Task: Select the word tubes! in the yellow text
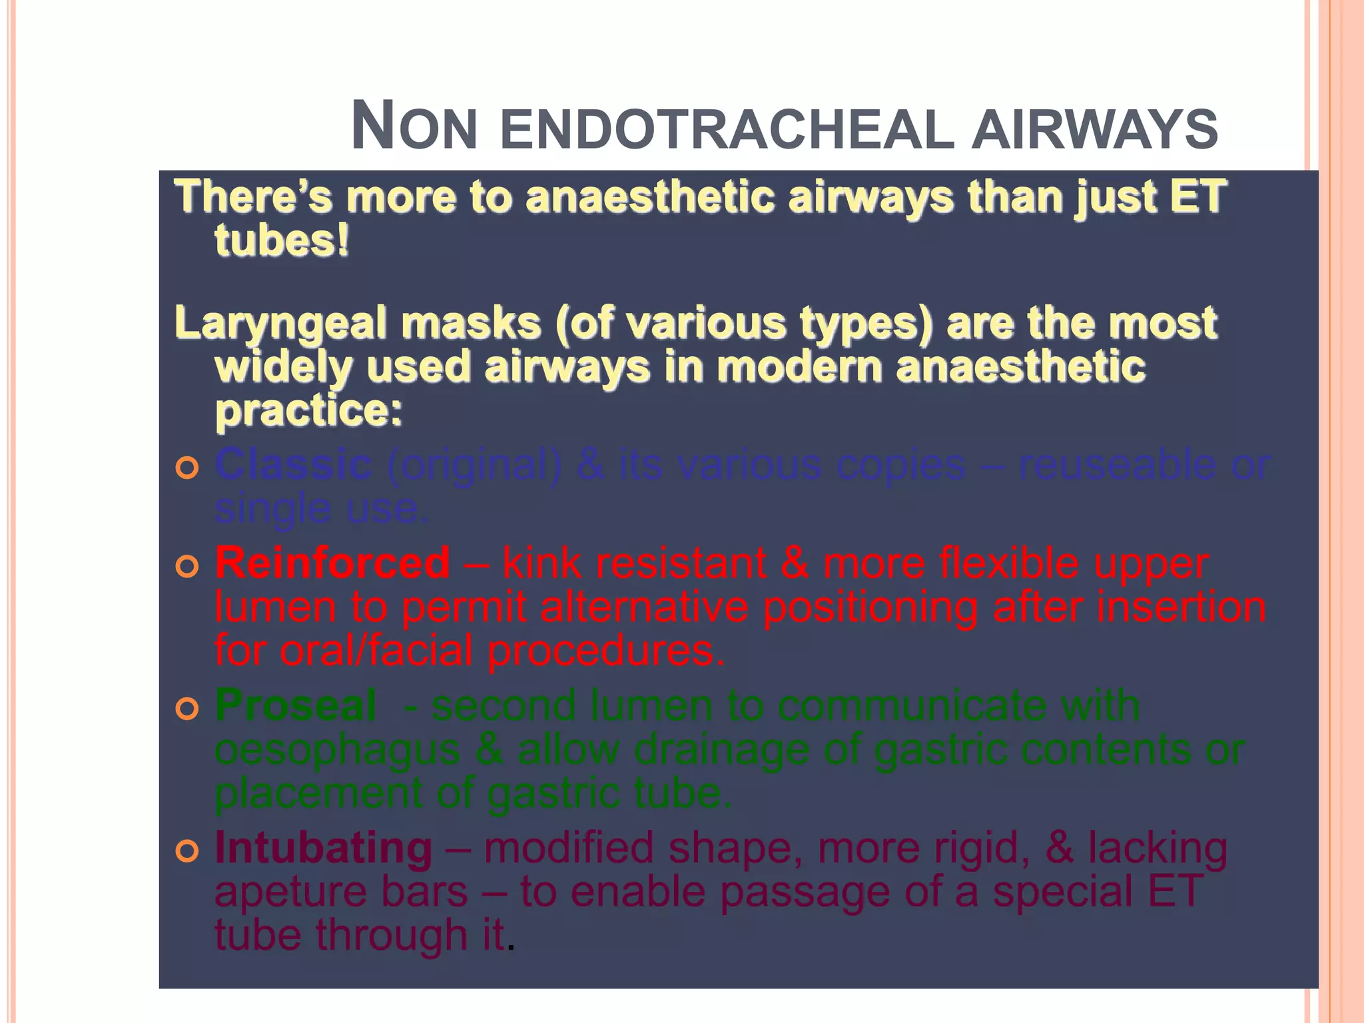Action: [282, 240]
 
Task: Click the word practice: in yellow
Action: [309, 411]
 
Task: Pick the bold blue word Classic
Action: [293, 464]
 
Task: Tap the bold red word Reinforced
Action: [332, 563]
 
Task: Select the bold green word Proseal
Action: [296, 705]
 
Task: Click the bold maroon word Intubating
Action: [324, 848]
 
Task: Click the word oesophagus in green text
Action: [337, 751]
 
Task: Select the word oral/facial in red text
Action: [376, 651]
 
